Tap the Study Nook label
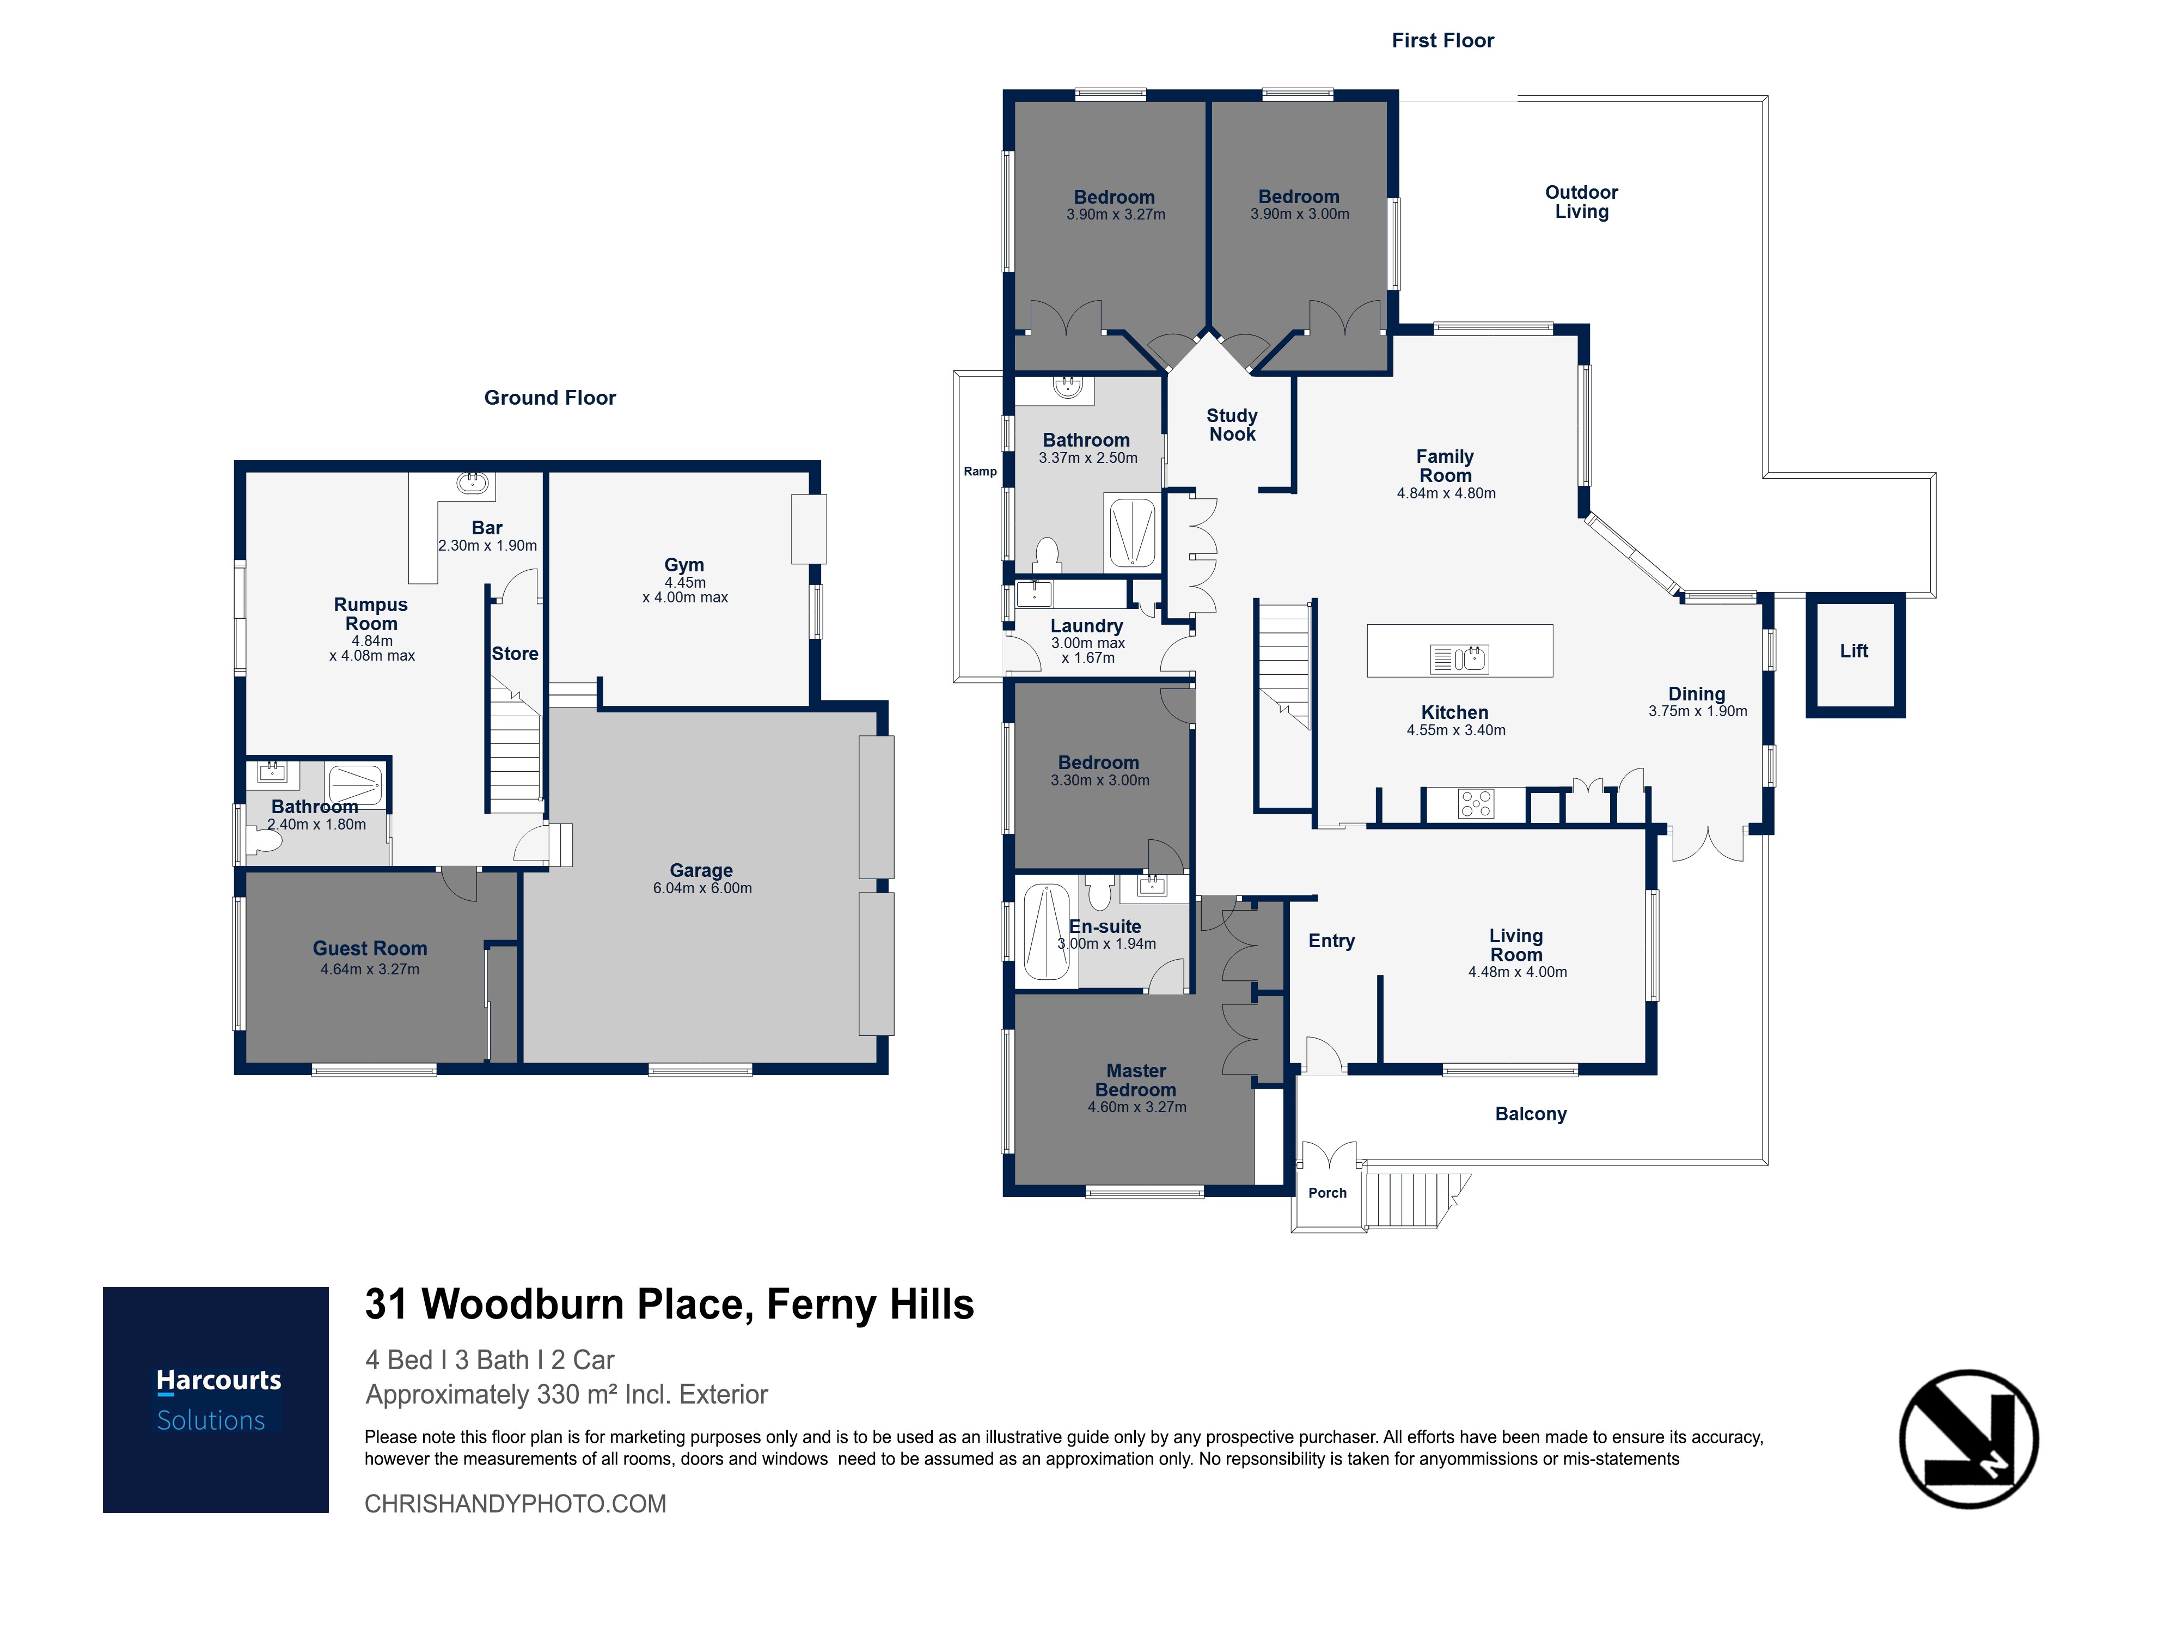click(x=1232, y=424)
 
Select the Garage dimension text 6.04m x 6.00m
click(x=702, y=888)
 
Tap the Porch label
click(x=1327, y=1193)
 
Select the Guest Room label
click(x=370, y=949)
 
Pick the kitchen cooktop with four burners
click(x=1476, y=804)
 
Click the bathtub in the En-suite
click(x=1047, y=932)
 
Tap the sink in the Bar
click(x=473, y=483)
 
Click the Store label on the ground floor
click(x=515, y=654)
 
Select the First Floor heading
click(x=1442, y=40)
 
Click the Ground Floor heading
click(x=549, y=398)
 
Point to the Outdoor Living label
click(x=1581, y=202)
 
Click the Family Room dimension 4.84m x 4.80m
click(x=1446, y=493)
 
